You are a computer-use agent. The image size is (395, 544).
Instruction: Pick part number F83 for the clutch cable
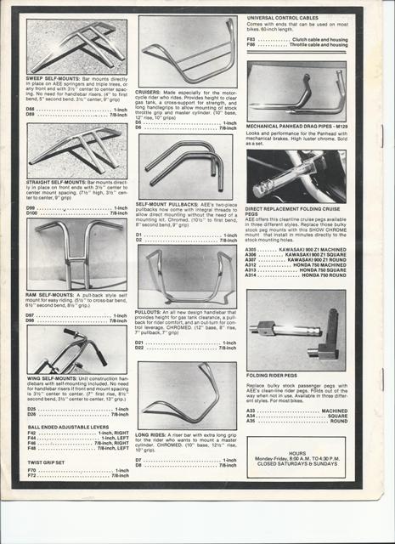click(251, 39)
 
